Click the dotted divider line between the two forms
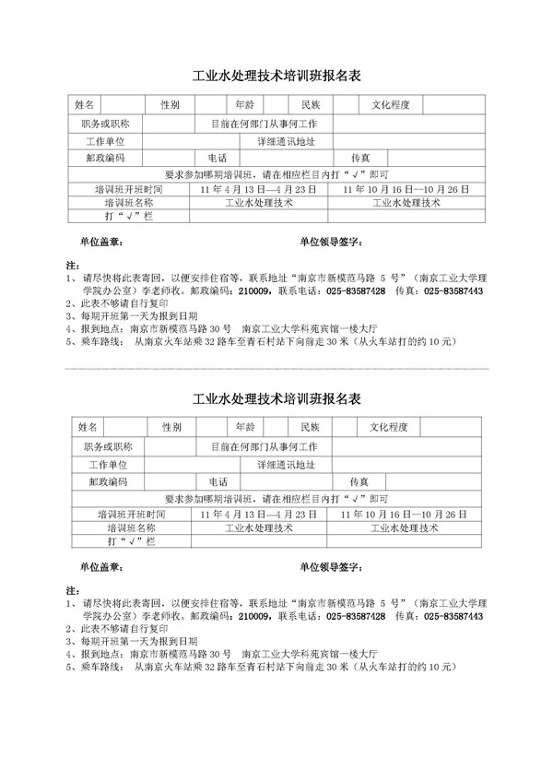coord(276,369)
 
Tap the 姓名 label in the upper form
coord(84,104)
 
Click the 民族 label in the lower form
coord(303,427)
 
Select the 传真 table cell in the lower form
coord(360,481)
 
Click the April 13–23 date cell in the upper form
coord(259,188)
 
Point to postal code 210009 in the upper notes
coord(253,290)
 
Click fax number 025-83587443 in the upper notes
coord(453,290)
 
